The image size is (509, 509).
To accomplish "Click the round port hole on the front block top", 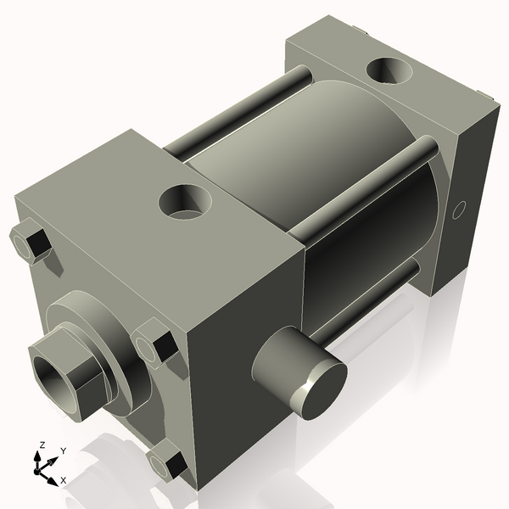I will [x=187, y=202].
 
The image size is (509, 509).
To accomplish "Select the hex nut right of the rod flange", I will [x=154, y=344].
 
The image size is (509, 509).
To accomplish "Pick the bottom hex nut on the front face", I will [x=165, y=464].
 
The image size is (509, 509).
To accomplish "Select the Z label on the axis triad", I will [x=41, y=445].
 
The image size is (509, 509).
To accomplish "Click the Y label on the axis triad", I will [x=63, y=451].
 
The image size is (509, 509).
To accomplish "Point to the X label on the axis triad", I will [x=64, y=480].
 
